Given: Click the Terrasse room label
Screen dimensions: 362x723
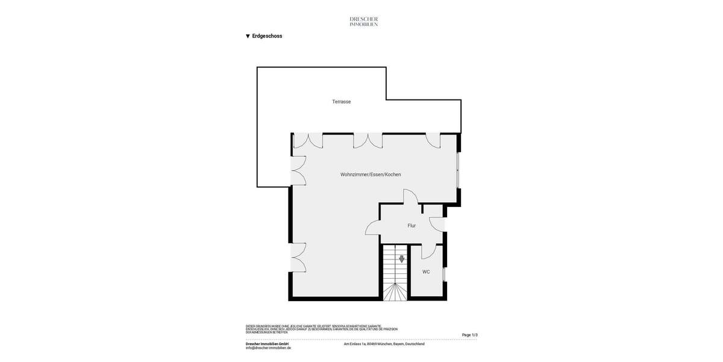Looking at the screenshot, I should tap(341, 102).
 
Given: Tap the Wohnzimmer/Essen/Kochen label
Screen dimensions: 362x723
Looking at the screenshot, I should tap(370, 174).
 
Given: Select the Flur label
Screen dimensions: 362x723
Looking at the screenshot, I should tap(412, 226).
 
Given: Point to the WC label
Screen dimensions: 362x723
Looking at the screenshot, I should tap(426, 272).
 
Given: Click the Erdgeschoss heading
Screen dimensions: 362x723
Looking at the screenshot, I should tap(267, 36).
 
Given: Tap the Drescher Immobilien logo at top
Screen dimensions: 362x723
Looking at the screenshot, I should tap(363, 21).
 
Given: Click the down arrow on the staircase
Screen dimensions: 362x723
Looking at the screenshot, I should tap(402, 259).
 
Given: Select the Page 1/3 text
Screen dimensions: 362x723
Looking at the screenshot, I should tap(469, 335).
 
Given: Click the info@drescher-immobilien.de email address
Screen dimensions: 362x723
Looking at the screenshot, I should tap(268, 348).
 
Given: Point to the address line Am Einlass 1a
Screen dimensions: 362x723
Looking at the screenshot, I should tap(384, 344).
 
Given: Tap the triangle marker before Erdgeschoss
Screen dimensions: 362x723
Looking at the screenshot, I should tap(248, 36).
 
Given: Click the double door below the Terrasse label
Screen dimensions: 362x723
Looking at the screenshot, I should tap(368, 141).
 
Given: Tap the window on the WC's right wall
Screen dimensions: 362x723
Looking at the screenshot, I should tap(445, 274).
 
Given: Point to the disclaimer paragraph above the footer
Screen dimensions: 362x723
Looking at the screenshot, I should tap(321, 329).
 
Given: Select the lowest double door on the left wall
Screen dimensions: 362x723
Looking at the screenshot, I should tap(298, 257).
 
